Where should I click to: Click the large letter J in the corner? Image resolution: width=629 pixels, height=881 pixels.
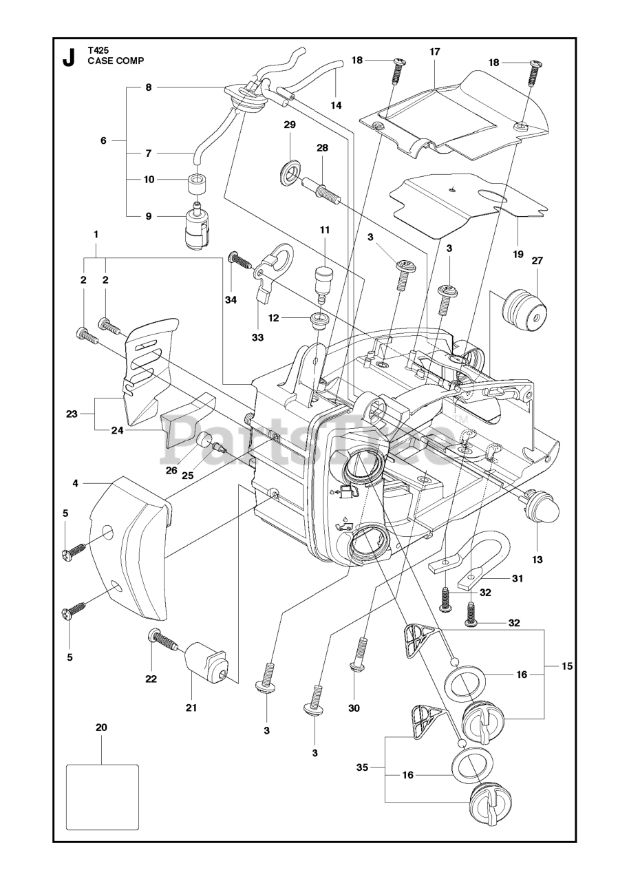tap(68, 59)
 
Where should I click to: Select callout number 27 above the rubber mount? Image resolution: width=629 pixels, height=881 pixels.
tap(537, 261)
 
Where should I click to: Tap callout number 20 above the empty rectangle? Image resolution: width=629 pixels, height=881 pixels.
tap(102, 728)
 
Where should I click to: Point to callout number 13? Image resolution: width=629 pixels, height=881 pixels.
tap(537, 560)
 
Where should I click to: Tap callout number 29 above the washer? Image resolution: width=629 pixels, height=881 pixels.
tap(289, 125)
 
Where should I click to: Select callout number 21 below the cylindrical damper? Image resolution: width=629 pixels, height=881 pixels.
tap(191, 707)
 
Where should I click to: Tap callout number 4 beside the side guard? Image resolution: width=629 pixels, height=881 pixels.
tap(75, 483)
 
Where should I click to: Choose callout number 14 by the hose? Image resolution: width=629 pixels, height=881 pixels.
tap(336, 105)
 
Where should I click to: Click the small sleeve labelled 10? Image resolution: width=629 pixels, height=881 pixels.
tap(198, 186)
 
